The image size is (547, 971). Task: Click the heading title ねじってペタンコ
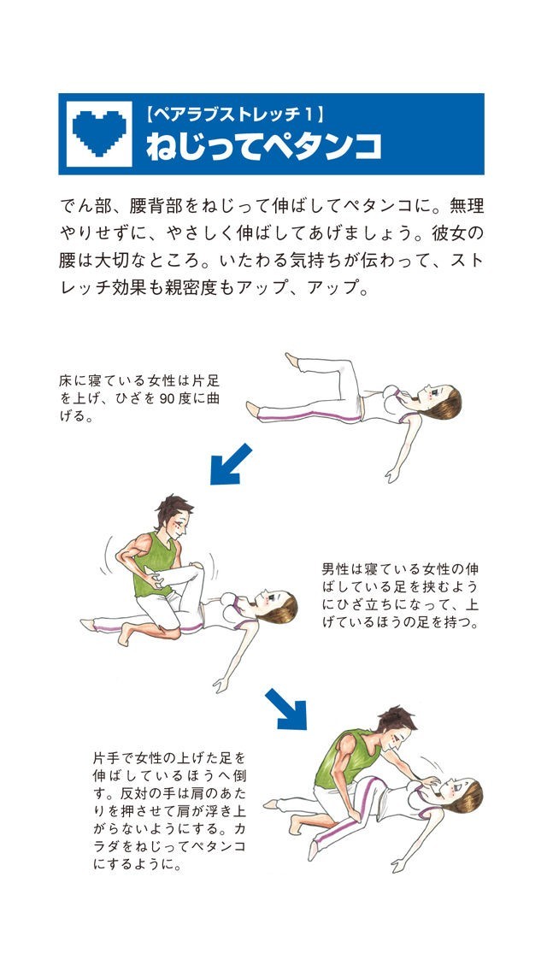[x=263, y=147]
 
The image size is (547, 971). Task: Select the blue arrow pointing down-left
[x=231, y=464]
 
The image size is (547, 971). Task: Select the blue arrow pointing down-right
[x=286, y=709]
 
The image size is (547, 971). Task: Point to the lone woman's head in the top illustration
[x=440, y=401]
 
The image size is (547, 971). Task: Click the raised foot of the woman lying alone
[x=291, y=361]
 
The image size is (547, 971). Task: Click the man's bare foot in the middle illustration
[x=126, y=633]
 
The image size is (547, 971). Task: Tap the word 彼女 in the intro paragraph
[x=454, y=235]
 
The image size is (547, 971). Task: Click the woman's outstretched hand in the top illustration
[x=391, y=476]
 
